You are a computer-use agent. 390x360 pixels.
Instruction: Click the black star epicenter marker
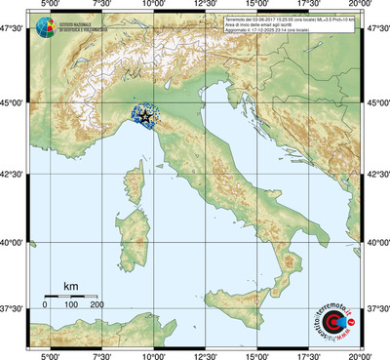pos(145,117)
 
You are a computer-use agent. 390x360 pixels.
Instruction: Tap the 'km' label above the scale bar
pos(70,286)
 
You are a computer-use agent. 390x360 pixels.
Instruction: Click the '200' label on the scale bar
pos(97,305)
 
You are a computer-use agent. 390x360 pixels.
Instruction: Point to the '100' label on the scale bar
pos(71,305)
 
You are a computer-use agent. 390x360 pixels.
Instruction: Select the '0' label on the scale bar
pos(44,305)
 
